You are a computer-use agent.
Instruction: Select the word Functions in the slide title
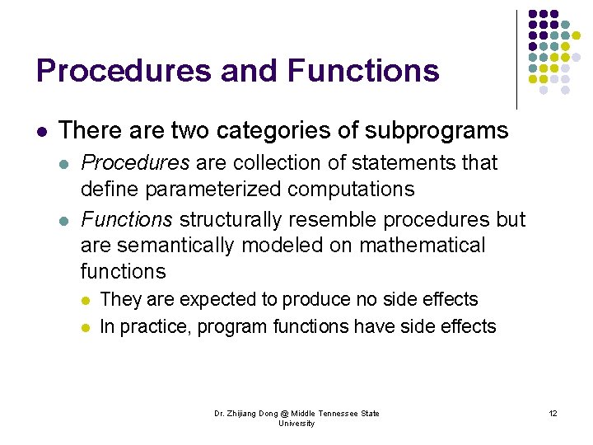[363, 71]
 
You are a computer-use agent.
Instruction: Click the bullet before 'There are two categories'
[40, 131]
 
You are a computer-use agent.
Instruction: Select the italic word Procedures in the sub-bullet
[135, 162]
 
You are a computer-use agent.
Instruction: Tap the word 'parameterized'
[213, 189]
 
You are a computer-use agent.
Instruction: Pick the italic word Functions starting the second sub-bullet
[127, 220]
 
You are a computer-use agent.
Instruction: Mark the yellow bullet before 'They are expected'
[86, 300]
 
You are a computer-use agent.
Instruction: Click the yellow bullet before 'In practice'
[86, 327]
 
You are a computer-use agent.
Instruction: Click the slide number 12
[553, 413]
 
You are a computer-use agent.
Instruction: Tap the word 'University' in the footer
[296, 423]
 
